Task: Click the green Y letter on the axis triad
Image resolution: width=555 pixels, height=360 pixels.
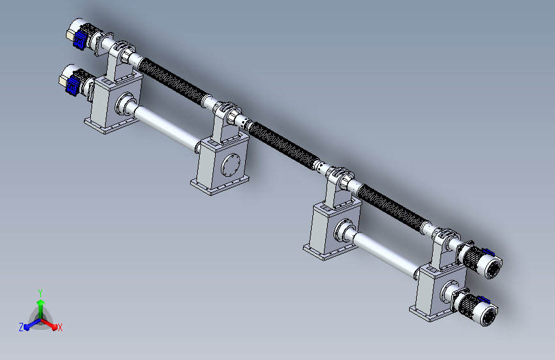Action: (40, 293)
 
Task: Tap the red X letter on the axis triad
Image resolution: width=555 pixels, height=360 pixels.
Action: (60, 327)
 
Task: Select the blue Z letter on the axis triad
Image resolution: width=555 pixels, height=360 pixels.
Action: (21, 327)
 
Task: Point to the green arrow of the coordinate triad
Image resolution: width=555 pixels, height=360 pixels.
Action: (41, 309)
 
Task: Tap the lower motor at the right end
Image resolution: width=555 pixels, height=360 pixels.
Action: (477, 307)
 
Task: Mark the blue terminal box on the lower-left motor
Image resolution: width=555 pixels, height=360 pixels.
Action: (73, 85)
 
